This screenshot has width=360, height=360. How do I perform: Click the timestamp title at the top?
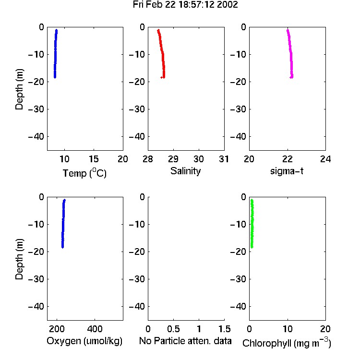(185, 5)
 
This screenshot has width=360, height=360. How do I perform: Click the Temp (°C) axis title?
(84, 173)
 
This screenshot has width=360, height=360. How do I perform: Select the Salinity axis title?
(185, 171)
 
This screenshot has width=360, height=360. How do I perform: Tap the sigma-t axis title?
(287, 171)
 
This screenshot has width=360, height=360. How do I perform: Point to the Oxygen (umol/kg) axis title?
(84, 341)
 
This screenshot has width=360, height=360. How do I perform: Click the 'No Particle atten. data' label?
(185, 341)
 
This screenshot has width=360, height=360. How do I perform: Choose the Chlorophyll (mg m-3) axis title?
(287, 343)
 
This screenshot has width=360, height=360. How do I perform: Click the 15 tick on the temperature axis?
(94, 159)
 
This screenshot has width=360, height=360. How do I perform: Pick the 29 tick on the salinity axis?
(173, 159)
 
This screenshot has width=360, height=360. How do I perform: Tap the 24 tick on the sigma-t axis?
(325, 159)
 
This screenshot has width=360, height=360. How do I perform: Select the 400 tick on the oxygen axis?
(95, 329)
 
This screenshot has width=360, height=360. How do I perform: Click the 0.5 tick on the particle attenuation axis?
(173, 329)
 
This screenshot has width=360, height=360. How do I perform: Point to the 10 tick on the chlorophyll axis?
(288, 329)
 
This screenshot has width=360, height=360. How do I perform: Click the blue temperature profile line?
(55, 54)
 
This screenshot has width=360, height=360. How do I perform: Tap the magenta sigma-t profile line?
(291, 54)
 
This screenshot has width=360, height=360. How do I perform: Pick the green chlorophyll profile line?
(252, 224)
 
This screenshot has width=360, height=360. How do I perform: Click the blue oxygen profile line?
(63, 224)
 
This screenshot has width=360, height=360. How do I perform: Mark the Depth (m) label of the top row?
(19, 89)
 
